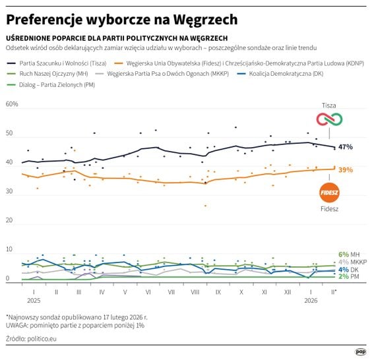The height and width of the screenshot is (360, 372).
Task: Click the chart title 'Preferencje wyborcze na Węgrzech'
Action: (x=122, y=20)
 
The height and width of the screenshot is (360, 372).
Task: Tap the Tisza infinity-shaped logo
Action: (x=328, y=120)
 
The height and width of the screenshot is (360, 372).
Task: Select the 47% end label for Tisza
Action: (x=346, y=147)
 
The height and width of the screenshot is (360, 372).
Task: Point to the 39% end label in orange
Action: (x=346, y=169)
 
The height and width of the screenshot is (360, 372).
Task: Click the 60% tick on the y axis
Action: (x=12, y=104)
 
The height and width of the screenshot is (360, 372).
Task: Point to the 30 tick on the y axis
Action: (x=9, y=192)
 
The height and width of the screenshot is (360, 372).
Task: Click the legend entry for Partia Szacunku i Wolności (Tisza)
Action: (x=63, y=63)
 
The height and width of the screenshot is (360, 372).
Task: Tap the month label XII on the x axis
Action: (x=288, y=291)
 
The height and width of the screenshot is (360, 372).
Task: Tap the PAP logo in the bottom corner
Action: (x=361, y=351)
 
